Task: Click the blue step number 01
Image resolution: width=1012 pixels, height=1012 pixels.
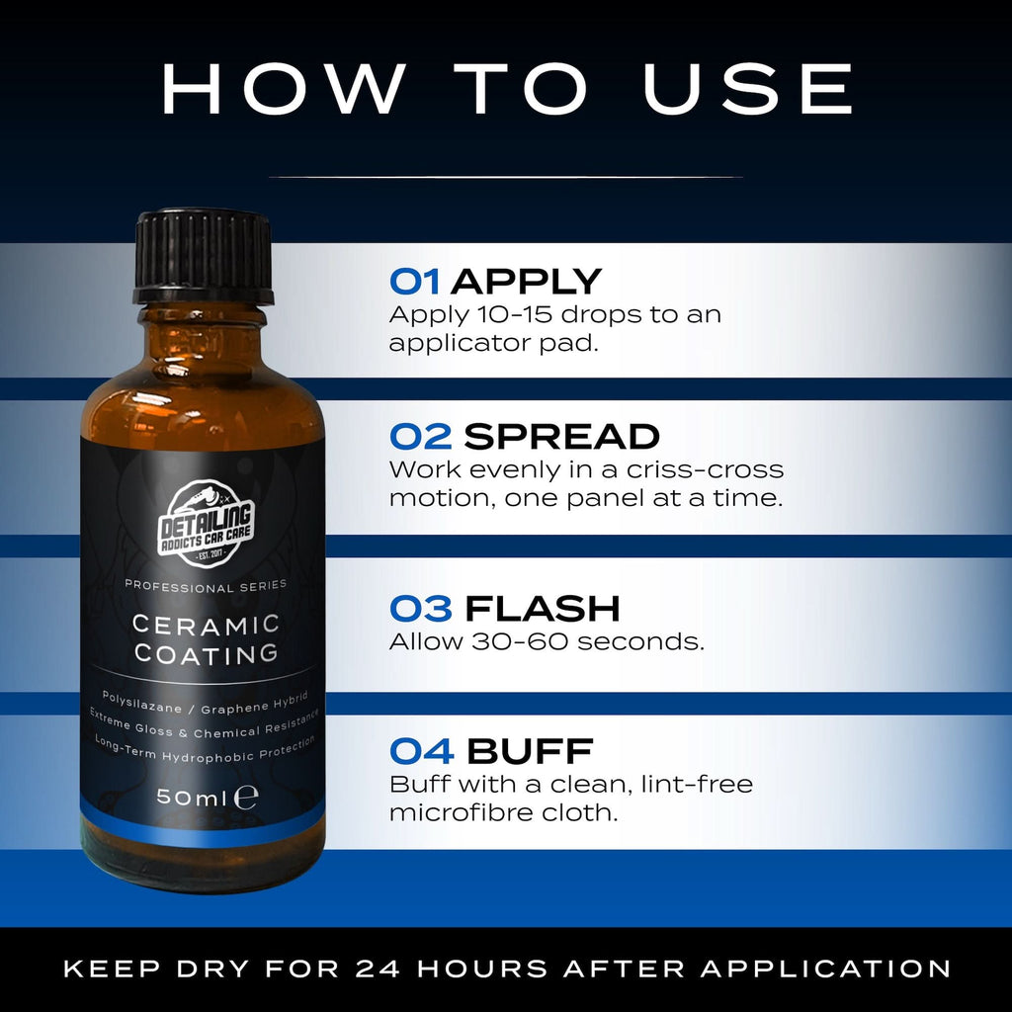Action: click(x=414, y=282)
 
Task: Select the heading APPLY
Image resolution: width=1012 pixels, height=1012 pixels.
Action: click(x=526, y=282)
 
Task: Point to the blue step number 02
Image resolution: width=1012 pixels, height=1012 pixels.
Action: click(x=421, y=436)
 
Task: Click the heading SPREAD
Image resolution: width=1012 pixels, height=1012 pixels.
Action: click(x=561, y=436)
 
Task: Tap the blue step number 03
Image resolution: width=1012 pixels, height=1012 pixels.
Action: click(x=421, y=609)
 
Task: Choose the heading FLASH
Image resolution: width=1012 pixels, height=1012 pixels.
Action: click(x=543, y=609)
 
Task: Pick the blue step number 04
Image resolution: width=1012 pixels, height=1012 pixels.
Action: click(x=421, y=751)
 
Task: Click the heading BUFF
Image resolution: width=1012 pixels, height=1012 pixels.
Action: click(x=530, y=751)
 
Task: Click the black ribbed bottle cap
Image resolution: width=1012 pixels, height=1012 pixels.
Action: click(x=203, y=256)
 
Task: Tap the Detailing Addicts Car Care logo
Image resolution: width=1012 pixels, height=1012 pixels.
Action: click(x=206, y=524)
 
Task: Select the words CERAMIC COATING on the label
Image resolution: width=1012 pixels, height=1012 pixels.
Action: click(x=206, y=639)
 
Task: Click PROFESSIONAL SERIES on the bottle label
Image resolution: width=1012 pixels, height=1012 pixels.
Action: click(x=206, y=586)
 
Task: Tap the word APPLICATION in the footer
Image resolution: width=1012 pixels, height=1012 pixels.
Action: click(x=825, y=969)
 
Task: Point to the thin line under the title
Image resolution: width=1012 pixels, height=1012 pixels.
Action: click(x=506, y=176)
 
